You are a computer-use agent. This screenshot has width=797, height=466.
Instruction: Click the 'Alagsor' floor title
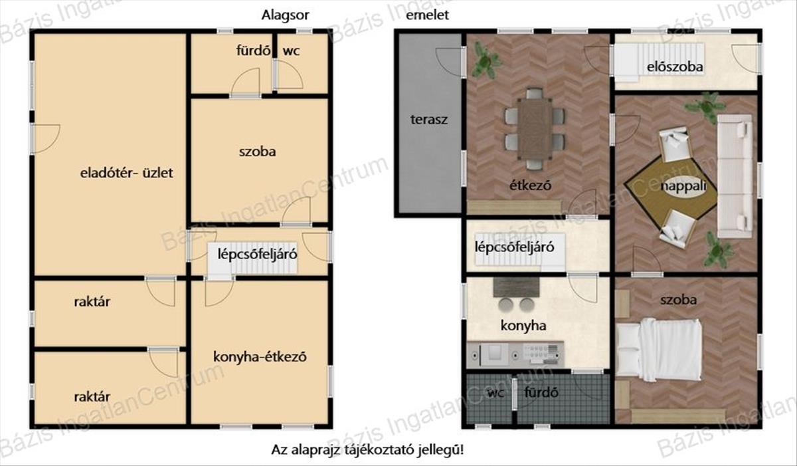[x=285, y=15]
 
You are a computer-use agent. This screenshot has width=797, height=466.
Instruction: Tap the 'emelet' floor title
[x=427, y=15]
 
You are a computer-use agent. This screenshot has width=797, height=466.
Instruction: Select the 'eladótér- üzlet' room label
[x=126, y=173]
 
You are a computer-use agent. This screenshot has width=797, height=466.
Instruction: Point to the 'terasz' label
[x=429, y=119]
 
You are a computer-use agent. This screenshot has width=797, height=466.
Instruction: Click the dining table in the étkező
[x=535, y=129]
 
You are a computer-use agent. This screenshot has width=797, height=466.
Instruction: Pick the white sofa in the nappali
[x=735, y=176]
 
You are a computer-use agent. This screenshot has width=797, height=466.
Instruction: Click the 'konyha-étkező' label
[x=260, y=357]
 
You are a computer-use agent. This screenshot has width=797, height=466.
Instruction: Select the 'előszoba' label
[x=675, y=67]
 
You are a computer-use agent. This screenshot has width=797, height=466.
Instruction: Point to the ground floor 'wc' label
[x=291, y=51]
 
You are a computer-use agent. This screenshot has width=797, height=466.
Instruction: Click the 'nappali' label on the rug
[x=683, y=186]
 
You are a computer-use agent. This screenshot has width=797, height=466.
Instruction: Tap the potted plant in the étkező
[x=486, y=60]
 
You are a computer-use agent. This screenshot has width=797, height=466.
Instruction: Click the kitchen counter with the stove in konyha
[x=515, y=354]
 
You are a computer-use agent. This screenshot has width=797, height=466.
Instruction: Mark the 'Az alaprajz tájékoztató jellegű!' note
[x=367, y=449]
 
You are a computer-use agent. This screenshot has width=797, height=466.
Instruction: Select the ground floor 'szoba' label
[x=257, y=152]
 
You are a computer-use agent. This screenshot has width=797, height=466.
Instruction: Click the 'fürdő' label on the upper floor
[x=541, y=392]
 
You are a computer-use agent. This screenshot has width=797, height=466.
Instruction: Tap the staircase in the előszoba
[x=658, y=59]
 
